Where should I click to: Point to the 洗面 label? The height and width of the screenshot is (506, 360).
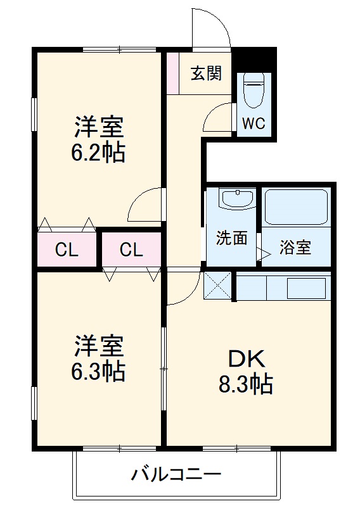(x=231, y=239)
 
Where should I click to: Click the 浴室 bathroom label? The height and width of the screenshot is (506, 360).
(x=295, y=248)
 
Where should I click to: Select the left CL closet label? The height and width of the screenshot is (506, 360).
(x=67, y=250)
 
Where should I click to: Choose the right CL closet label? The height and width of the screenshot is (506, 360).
(x=131, y=250)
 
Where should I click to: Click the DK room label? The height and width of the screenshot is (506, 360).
(x=246, y=358)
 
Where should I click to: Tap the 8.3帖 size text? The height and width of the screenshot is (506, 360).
(x=246, y=384)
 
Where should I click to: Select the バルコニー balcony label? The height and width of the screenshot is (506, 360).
(x=176, y=474)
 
